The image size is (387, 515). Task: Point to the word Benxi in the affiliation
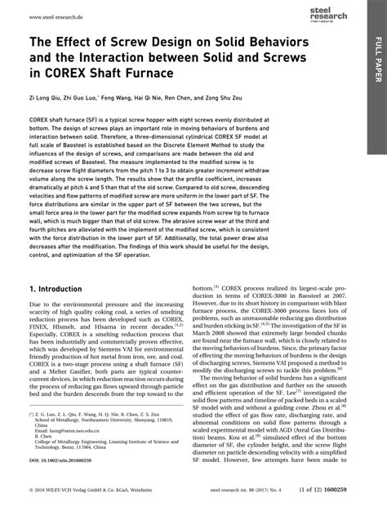[109, 448]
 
